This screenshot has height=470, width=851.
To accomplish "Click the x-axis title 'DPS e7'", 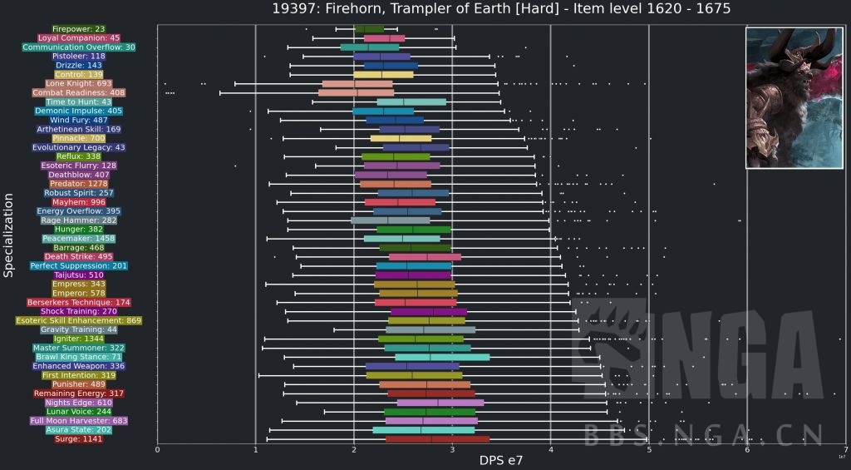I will pyautogui.click(x=501, y=459).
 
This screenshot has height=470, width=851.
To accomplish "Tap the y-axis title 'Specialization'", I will pyautogui.click(x=8, y=235).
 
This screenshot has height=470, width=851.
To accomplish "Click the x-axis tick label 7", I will pyautogui.click(x=845, y=449).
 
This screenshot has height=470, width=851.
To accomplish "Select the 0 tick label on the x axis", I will pyautogui.click(x=157, y=449).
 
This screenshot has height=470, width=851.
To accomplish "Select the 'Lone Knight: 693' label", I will pyautogui.click(x=79, y=84).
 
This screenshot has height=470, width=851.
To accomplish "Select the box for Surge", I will pyautogui.click(x=437, y=438).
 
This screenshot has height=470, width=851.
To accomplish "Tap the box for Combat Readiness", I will pyautogui.click(x=356, y=92).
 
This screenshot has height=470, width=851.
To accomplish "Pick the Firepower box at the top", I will pyautogui.click(x=369, y=29).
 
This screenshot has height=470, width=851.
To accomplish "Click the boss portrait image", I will pyautogui.click(x=794, y=98).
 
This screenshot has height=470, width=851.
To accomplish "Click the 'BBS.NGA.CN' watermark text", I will pyautogui.click(x=704, y=434).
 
